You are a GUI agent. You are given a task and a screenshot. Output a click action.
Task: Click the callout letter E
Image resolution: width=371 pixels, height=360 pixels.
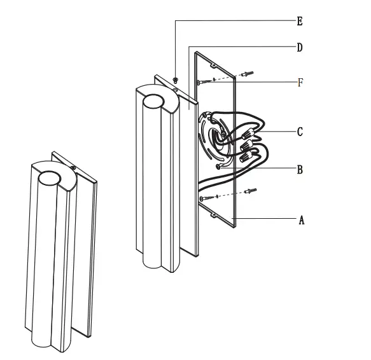tap(299, 22)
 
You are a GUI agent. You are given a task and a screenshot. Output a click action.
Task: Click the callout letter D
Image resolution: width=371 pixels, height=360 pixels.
tap(299, 48)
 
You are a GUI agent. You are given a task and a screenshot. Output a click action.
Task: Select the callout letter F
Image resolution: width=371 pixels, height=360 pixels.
tap(299, 83)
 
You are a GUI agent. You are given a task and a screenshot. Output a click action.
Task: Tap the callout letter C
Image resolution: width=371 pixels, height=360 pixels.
tap(299, 132)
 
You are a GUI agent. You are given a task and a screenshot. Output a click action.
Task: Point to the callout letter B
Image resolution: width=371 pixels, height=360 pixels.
tap(299, 170)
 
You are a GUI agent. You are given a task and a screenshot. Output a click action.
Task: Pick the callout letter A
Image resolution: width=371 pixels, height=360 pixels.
tap(302, 220)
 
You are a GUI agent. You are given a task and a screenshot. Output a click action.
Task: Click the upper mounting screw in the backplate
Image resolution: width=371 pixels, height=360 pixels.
tap(200, 81)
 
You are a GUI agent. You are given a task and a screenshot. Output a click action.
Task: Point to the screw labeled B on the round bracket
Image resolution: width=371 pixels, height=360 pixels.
tap(220, 167)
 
